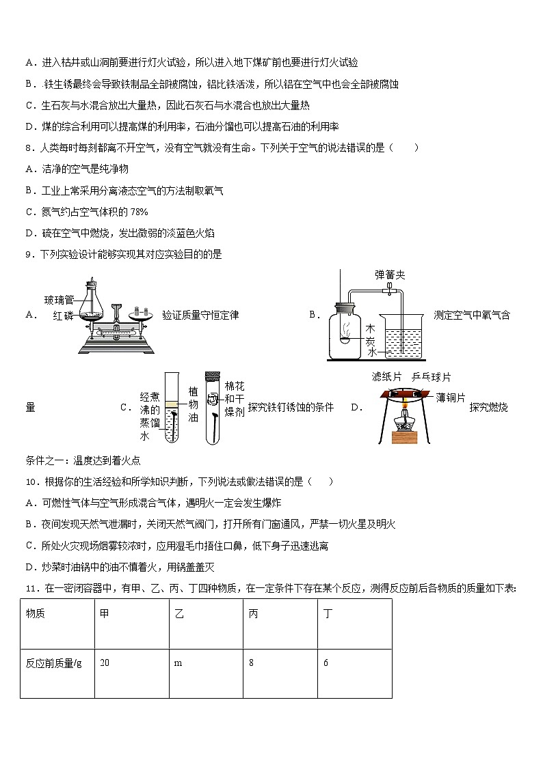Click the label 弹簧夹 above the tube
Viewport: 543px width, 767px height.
(x=390, y=275)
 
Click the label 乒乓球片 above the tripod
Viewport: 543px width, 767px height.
(x=432, y=377)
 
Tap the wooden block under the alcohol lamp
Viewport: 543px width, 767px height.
(x=405, y=437)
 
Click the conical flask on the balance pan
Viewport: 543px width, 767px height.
(x=92, y=304)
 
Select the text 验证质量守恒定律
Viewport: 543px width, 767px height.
(x=200, y=315)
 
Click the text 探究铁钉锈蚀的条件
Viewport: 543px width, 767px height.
(x=291, y=407)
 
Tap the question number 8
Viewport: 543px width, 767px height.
(x=28, y=148)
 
